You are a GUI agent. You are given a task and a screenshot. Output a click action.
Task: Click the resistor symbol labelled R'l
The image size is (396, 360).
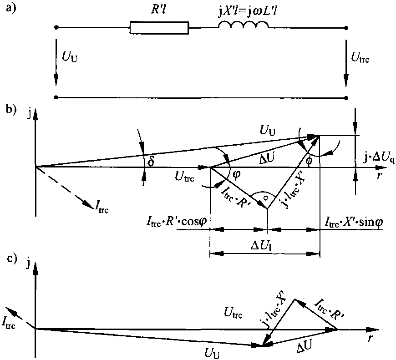pyautogui.click(x=159, y=28)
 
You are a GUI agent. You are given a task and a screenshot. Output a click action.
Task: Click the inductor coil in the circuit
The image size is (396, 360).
pyautogui.click(x=243, y=25)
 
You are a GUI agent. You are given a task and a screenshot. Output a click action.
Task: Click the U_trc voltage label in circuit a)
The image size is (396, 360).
pyautogui.click(x=360, y=57)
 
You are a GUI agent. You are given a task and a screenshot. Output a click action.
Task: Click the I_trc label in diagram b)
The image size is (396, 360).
pyautogui.click(x=102, y=206)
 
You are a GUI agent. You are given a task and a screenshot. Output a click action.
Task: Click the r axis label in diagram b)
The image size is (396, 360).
pyautogui.click(x=379, y=175)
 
